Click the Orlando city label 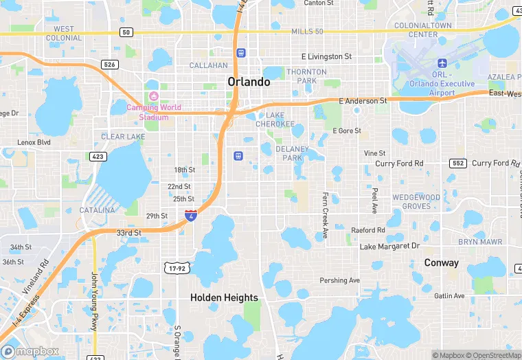tap(249, 82)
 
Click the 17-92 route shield tap(177, 268)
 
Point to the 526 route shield tap(109, 65)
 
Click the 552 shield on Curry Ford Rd tap(458, 164)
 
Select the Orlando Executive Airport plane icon tap(442, 64)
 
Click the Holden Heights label tap(224, 297)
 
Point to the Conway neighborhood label tap(441, 262)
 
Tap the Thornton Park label tap(306, 76)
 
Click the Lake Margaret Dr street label tap(389, 246)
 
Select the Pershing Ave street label tap(340, 280)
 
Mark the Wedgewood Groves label tap(416, 202)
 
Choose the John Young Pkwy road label tap(94, 302)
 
